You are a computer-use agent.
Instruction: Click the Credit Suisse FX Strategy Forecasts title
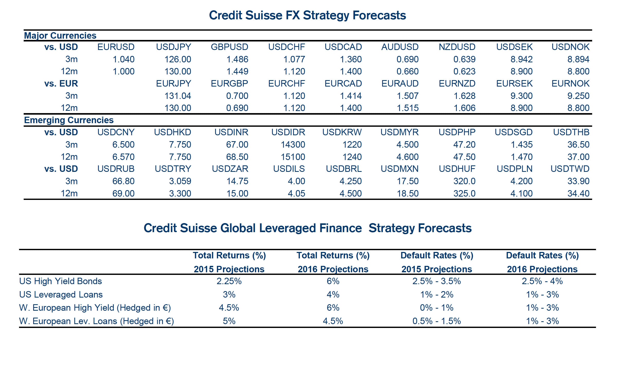point(307,15)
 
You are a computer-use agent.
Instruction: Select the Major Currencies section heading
point(60,36)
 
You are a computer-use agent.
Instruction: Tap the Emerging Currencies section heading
point(69,120)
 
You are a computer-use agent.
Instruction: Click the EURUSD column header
point(116,47)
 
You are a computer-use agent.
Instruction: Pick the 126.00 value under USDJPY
point(178,59)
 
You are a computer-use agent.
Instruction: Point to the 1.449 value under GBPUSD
point(237,71)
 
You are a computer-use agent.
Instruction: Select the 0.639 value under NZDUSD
point(464,59)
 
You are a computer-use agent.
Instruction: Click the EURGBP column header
point(229,83)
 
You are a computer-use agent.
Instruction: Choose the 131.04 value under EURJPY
point(178,96)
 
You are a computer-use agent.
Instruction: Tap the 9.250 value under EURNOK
point(578,96)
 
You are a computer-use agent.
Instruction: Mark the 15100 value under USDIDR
point(293,157)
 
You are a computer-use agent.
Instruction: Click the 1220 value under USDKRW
point(352,145)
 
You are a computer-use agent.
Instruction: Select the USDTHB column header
point(571,132)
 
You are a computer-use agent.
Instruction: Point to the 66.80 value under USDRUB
point(123,181)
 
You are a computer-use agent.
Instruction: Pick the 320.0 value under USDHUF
point(464,181)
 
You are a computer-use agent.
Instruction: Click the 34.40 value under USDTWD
point(578,193)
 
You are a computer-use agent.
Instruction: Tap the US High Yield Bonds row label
point(60,281)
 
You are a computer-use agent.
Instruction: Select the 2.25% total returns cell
point(229,281)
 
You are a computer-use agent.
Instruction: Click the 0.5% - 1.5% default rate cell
point(436,321)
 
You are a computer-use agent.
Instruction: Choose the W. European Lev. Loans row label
point(97,321)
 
